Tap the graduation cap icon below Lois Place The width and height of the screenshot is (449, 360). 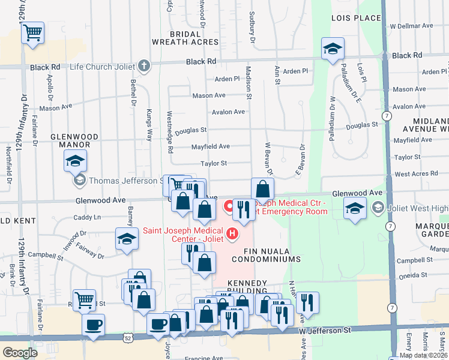pyautogui.click(x=332, y=49)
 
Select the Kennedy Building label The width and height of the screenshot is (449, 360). pyautogui.click(x=246, y=287)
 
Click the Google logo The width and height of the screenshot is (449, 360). pyautogui.click(x=20, y=352)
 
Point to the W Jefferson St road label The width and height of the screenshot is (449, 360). pyautogui.click(x=327, y=331)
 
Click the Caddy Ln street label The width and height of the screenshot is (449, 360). pyautogui.click(x=88, y=217)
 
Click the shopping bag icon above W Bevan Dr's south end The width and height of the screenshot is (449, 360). pyautogui.click(x=262, y=189)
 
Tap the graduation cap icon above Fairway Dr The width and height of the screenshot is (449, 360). pyautogui.click(x=127, y=239)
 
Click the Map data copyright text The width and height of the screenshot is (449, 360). pyautogui.click(x=424, y=355)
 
